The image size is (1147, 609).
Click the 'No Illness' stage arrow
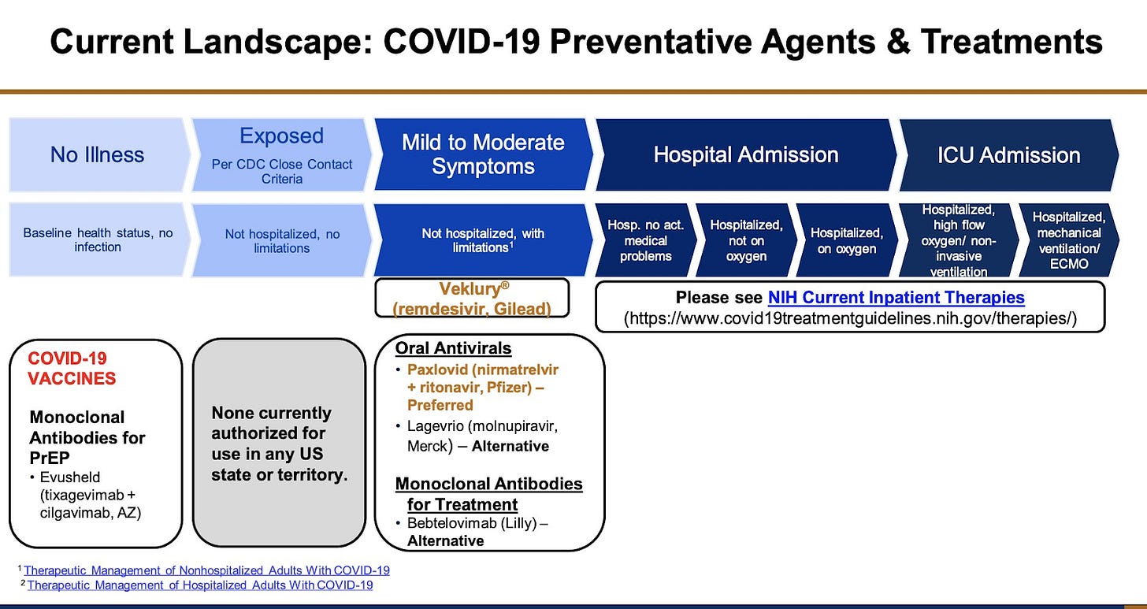(x=98, y=154)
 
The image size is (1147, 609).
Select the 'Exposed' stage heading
(x=282, y=136)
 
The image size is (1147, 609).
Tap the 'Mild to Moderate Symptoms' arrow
(x=483, y=154)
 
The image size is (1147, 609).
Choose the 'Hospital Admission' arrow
(x=745, y=154)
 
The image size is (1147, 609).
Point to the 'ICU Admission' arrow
(x=1008, y=154)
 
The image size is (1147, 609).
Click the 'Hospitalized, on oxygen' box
(x=847, y=240)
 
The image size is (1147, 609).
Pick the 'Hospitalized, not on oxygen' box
(x=746, y=240)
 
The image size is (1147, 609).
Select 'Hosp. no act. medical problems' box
(x=646, y=240)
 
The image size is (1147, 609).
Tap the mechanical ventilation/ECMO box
(x=1069, y=240)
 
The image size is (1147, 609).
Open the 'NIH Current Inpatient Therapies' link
(x=896, y=298)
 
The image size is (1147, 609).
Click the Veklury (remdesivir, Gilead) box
(x=472, y=298)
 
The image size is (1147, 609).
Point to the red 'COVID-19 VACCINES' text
(x=72, y=368)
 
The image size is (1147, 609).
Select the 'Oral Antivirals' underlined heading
(x=453, y=348)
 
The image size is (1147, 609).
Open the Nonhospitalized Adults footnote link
(x=207, y=570)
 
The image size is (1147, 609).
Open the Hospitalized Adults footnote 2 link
(x=200, y=585)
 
